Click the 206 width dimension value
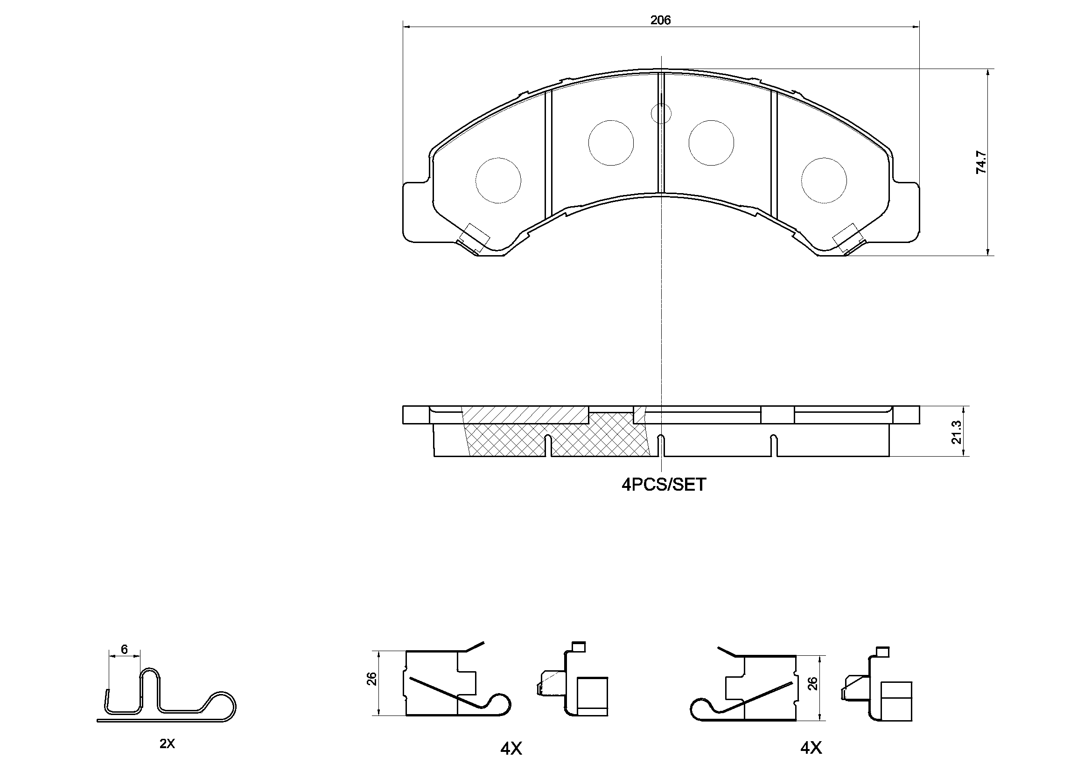(x=660, y=21)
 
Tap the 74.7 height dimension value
(x=981, y=162)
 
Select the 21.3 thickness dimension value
(x=956, y=432)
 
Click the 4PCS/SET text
(x=664, y=485)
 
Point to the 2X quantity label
(x=167, y=744)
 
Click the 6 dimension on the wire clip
(x=125, y=649)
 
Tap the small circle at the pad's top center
(x=660, y=113)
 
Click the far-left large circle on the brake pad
(x=498, y=180)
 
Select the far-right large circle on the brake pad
(x=824, y=180)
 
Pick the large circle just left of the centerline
(x=611, y=143)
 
